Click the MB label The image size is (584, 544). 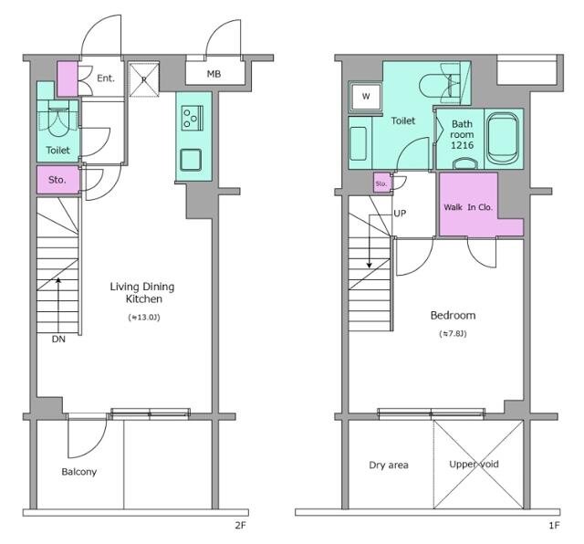click(214, 74)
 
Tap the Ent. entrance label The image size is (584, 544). click(106, 78)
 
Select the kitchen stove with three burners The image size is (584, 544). click(193, 118)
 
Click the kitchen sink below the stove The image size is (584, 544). click(191, 160)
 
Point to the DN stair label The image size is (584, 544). click(58, 339)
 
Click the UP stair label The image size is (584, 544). click(400, 214)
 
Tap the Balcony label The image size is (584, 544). click(79, 472)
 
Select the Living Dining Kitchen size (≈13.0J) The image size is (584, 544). click(144, 317)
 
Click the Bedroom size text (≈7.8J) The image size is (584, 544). click(453, 333)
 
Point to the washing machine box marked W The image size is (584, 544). click(366, 97)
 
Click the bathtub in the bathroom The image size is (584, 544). click(503, 139)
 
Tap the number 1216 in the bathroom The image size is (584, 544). click(463, 145)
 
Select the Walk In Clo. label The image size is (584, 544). click(468, 207)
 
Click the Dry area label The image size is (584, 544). click(389, 465)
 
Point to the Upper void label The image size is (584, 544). click(474, 465)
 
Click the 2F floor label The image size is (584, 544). click(240, 526)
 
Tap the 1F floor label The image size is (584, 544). click(554, 526)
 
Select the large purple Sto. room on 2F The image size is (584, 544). click(58, 180)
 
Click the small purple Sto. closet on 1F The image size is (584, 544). click(381, 183)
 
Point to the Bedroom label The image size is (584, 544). click(453, 316)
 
